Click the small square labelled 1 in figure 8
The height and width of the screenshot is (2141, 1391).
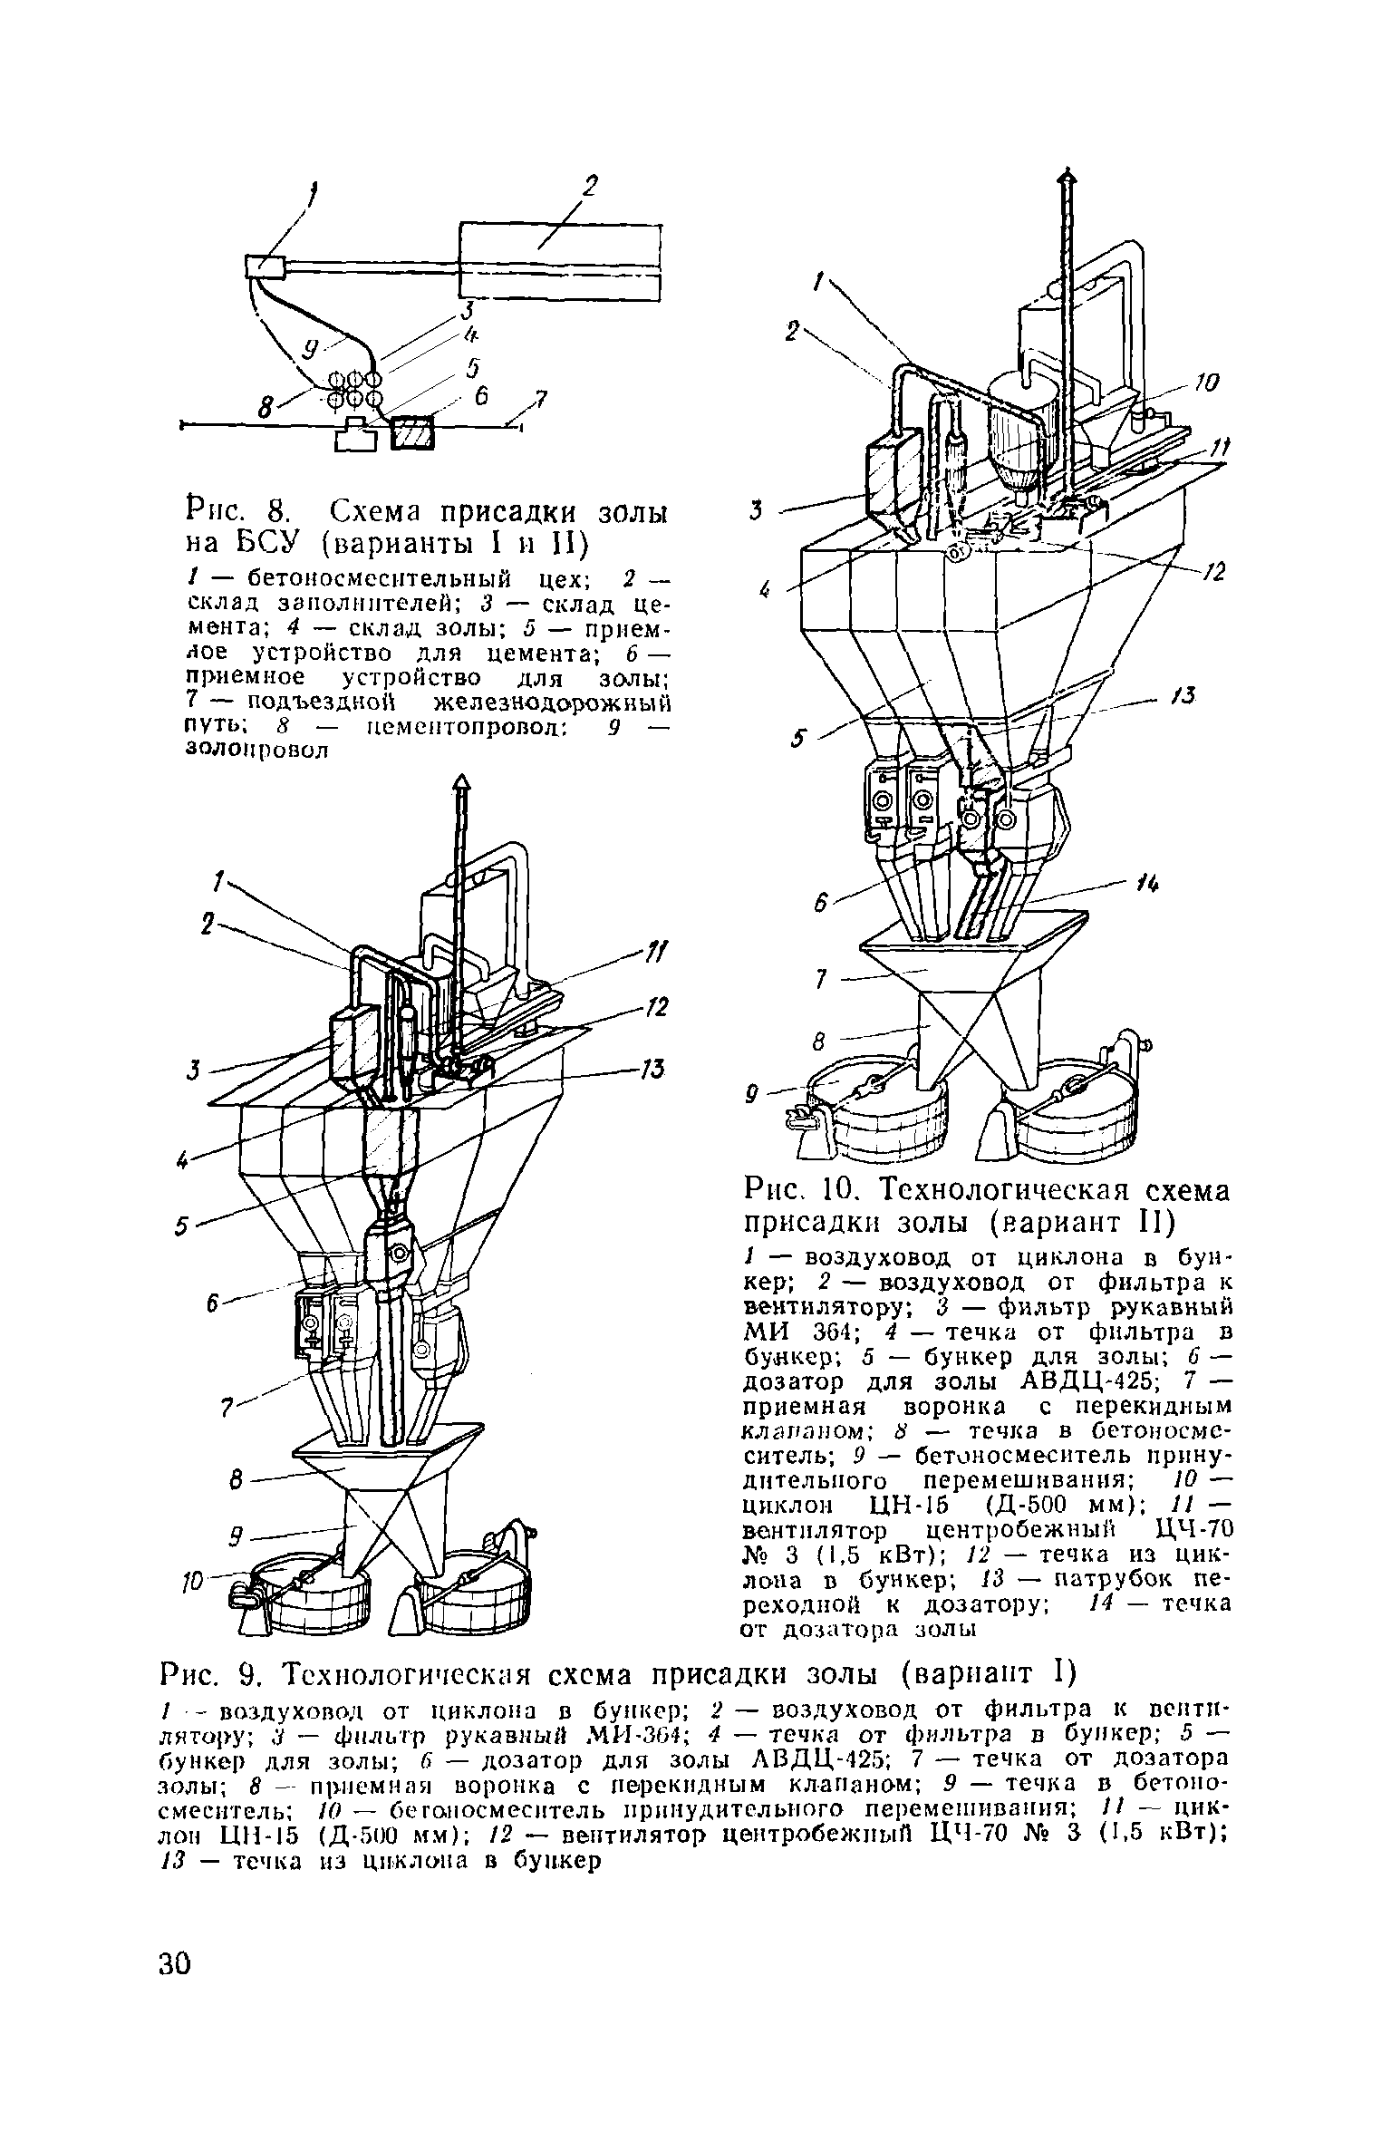coord(265,266)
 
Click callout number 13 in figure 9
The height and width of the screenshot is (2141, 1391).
coord(652,1070)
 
